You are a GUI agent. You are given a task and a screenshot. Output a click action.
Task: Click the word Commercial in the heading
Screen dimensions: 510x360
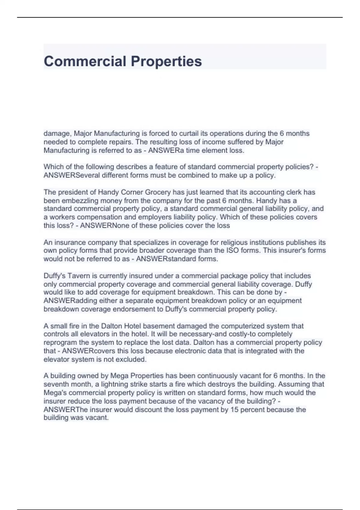coord(85,61)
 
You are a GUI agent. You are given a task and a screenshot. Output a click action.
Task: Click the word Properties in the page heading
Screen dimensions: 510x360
coord(166,61)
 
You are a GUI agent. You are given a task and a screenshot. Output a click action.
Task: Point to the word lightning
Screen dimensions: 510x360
coord(111,384)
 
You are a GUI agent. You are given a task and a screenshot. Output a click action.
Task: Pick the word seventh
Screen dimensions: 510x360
coord(56,384)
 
